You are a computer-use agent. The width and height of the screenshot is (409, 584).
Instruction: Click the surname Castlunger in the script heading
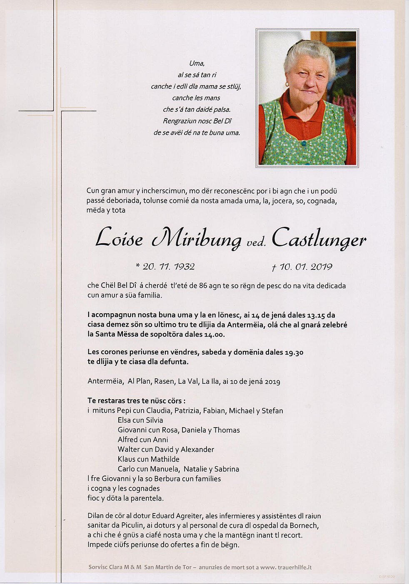(x=319, y=239)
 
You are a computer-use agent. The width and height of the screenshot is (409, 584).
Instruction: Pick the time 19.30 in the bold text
(x=294, y=352)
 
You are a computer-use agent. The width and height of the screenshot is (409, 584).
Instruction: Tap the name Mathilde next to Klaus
(x=165, y=459)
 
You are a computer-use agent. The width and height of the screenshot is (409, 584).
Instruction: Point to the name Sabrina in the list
(x=227, y=469)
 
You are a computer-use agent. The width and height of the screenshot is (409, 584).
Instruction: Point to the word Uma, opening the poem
(x=197, y=63)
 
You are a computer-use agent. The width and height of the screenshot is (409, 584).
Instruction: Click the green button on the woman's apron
(x=304, y=143)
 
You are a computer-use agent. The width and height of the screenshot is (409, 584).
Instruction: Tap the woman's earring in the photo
(x=287, y=85)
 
